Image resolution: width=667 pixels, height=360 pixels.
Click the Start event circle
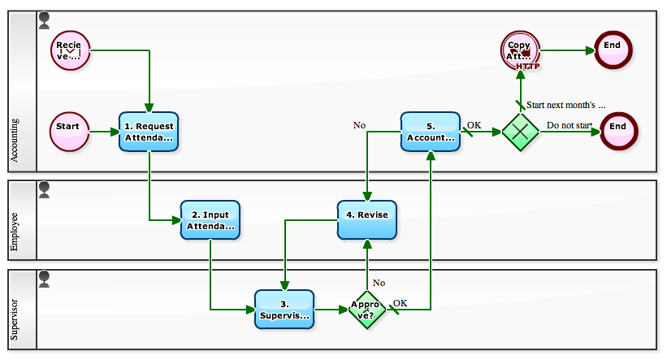(x=69, y=131)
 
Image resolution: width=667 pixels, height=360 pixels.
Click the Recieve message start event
(x=69, y=50)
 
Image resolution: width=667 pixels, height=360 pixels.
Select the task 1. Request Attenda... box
(x=149, y=132)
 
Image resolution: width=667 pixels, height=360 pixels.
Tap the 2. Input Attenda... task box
(x=210, y=220)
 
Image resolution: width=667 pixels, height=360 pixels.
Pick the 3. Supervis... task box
(x=284, y=309)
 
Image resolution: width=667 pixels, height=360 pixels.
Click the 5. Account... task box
(x=431, y=132)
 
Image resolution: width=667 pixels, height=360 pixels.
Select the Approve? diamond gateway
(x=367, y=310)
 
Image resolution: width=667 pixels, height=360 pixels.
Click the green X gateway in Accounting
(x=520, y=132)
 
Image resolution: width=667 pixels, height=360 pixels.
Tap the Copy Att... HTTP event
(x=520, y=50)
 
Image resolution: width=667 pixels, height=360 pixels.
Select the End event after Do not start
(x=618, y=131)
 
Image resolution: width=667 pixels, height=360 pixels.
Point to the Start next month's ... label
(x=566, y=105)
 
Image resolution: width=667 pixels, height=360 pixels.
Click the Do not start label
(x=570, y=125)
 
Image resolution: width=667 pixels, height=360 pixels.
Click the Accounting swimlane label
(x=15, y=141)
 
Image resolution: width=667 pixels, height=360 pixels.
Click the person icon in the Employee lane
(x=45, y=189)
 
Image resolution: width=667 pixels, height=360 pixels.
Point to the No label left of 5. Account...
(x=359, y=125)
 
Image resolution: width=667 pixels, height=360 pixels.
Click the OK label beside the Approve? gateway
(x=400, y=303)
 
